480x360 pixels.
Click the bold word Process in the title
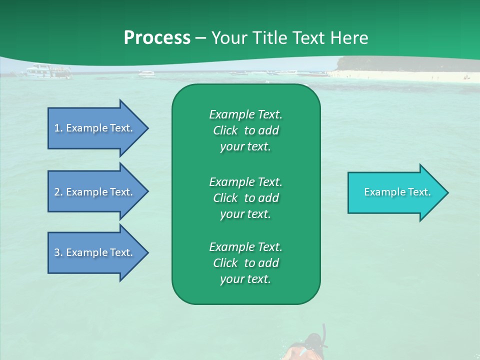[x=157, y=38]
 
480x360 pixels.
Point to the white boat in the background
[x=48, y=71]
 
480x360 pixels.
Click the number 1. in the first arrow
[x=58, y=128]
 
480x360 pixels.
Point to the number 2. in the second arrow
[x=58, y=192]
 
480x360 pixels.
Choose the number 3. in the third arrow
[x=58, y=252]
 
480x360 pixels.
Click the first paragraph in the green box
[x=245, y=130]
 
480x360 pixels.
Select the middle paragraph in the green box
[x=245, y=198]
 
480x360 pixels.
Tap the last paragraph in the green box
[x=245, y=263]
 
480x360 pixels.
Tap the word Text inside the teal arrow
[x=419, y=192]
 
